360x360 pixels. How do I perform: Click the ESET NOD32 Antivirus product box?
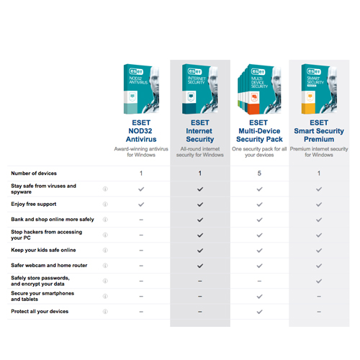coord(141,90)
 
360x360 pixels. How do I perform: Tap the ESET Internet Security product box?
coord(199,90)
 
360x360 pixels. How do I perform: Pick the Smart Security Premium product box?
coord(318,90)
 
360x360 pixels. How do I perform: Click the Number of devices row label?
coord(34,174)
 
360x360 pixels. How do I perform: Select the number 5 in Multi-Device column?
coord(259,174)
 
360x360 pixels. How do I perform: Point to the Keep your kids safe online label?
coord(43,250)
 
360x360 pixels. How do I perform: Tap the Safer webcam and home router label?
coord(50,266)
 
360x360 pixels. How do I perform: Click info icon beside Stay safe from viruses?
coord(105,189)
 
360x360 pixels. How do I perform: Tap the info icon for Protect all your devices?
coord(105,311)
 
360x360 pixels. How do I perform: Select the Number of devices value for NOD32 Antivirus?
coord(141,174)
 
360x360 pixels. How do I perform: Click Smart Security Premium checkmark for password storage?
coord(319,281)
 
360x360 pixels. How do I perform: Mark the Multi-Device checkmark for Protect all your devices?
coord(259,311)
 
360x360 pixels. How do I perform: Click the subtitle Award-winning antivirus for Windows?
coord(141,151)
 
